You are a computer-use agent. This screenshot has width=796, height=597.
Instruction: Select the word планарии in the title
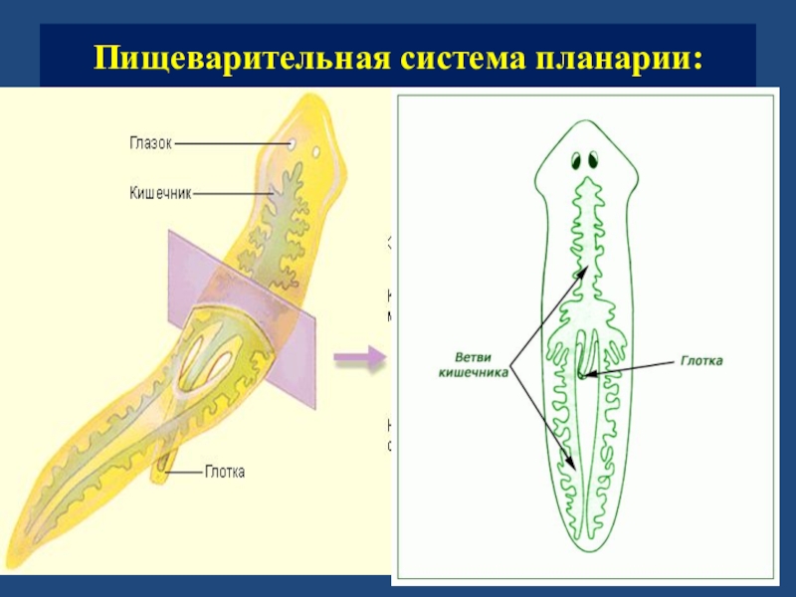618,57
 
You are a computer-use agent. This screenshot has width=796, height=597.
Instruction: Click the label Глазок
149,142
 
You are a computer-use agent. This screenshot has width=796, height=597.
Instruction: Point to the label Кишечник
160,191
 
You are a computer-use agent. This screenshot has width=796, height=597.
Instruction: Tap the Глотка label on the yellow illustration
226,472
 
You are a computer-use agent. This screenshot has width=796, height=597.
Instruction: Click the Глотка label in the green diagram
701,361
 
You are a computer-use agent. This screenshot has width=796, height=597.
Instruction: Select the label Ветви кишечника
474,363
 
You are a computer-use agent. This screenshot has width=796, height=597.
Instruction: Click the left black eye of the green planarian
577,160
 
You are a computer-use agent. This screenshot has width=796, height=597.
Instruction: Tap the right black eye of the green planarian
593,160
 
